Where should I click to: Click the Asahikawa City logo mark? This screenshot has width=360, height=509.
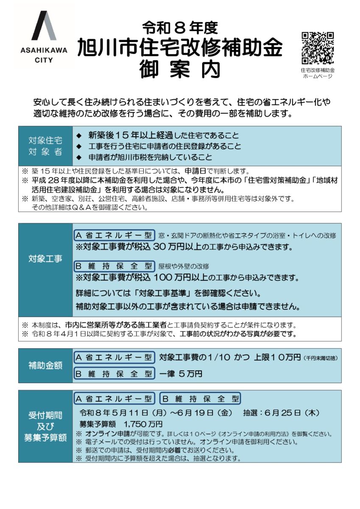(44, 26)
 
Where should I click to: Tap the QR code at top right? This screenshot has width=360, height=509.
(318, 48)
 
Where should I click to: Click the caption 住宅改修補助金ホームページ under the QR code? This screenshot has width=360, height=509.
(318, 73)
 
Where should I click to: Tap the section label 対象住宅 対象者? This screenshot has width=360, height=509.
(45, 146)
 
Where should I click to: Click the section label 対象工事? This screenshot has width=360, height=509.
(45, 258)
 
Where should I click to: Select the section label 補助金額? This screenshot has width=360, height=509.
(45, 365)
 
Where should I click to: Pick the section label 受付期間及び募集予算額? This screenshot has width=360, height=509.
(45, 426)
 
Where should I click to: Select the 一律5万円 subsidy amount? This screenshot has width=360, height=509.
(181, 374)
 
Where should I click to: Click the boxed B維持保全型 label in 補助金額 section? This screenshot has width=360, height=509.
(114, 374)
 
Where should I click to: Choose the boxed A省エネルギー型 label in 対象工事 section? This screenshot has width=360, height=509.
(114, 235)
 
